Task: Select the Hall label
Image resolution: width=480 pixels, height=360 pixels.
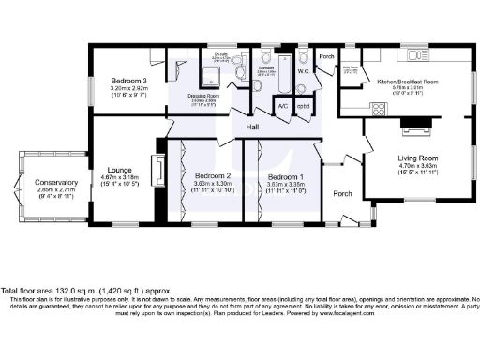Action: (x=252, y=127)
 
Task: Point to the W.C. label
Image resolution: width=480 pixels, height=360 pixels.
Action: (x=303, y=69)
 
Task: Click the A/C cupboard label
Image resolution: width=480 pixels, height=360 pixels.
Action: (x=282, y=106)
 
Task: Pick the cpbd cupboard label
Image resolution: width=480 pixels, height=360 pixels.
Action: (x=303, y=106)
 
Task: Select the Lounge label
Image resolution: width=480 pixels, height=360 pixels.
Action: (x=118, y=170)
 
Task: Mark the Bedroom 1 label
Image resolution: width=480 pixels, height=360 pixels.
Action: (x=285, y=176)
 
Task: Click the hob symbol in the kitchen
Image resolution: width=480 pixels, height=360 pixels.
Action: (x=380, y=109)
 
